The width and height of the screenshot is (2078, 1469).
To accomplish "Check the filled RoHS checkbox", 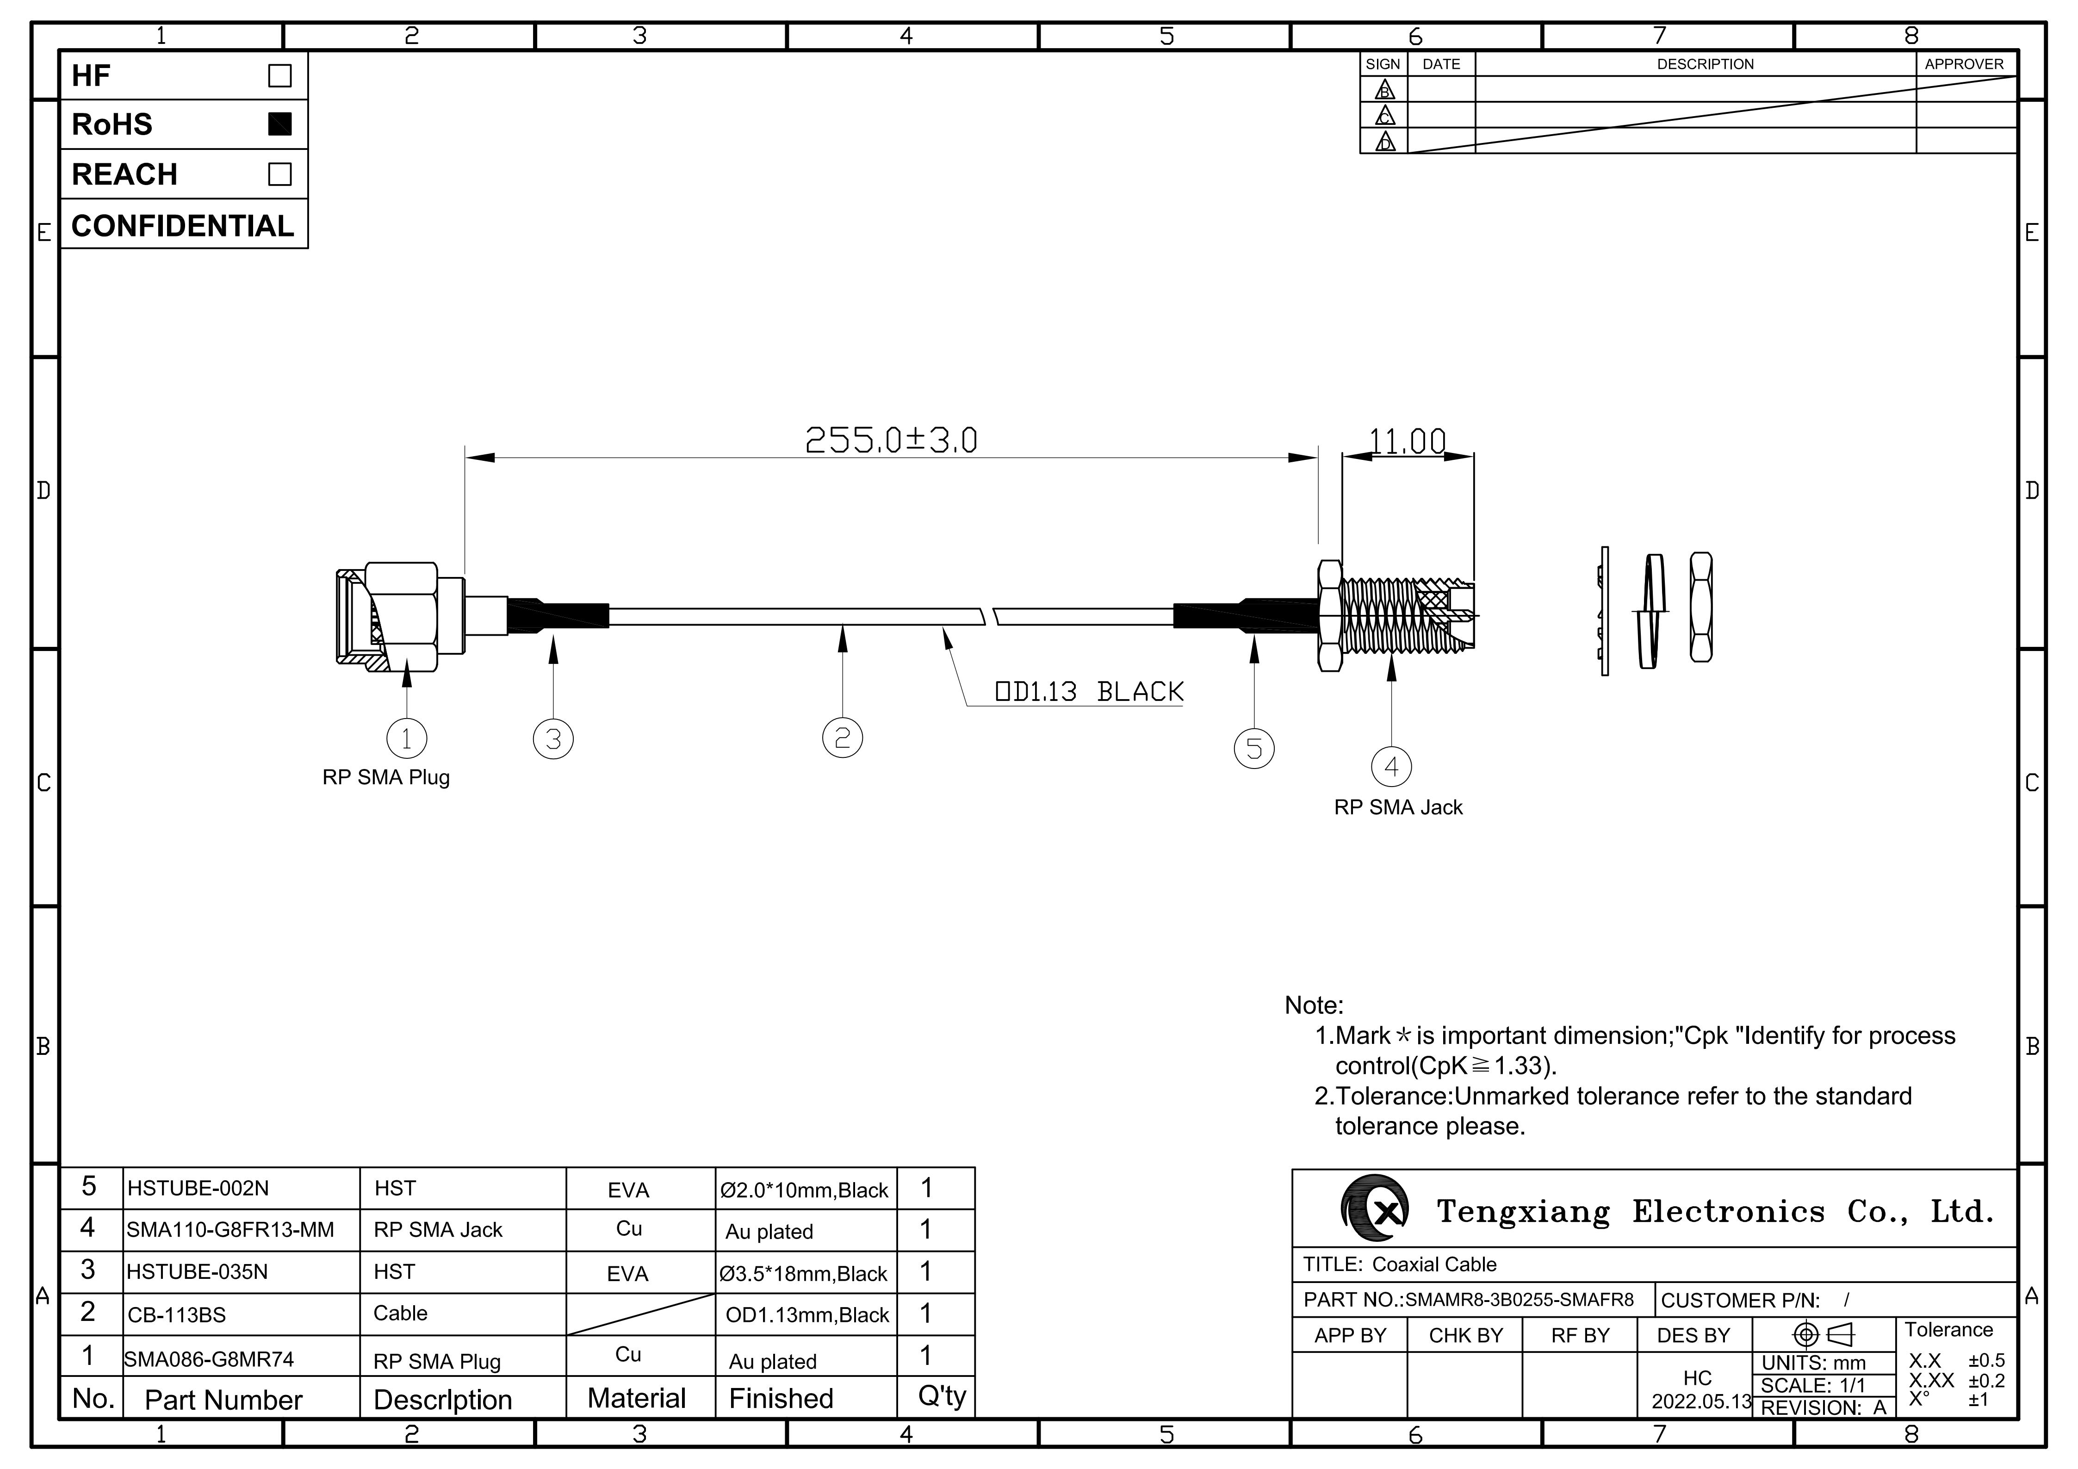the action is pyautogui.click(x=279, y=124).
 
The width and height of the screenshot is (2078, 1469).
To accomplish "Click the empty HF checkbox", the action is pyautogui.click(x=279, y=75).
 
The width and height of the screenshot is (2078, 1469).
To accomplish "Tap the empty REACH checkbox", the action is pyautogui.click(x=279, y=174).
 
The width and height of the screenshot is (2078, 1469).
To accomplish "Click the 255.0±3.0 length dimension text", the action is pyautogui.click(x=892, y=441).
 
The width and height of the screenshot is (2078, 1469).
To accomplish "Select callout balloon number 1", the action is pyautogui.click(x=406, y=738).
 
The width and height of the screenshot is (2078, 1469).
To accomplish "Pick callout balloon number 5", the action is pyautogui.click(x=1254, y=749).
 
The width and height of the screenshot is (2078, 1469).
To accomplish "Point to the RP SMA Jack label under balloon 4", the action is pyautogui.click(x=1398, y=807).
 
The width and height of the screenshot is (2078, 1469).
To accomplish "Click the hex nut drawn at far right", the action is pyautogui.click(x=1700, y=607).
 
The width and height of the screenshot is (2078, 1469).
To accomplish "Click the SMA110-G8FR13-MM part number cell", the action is pyautogui.click(x=230, y=1230).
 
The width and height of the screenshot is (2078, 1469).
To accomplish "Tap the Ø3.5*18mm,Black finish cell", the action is pyautogui.click(x=804, y=1273).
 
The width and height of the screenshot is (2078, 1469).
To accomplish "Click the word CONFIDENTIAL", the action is pyautogui.click(x=183, y=225).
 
